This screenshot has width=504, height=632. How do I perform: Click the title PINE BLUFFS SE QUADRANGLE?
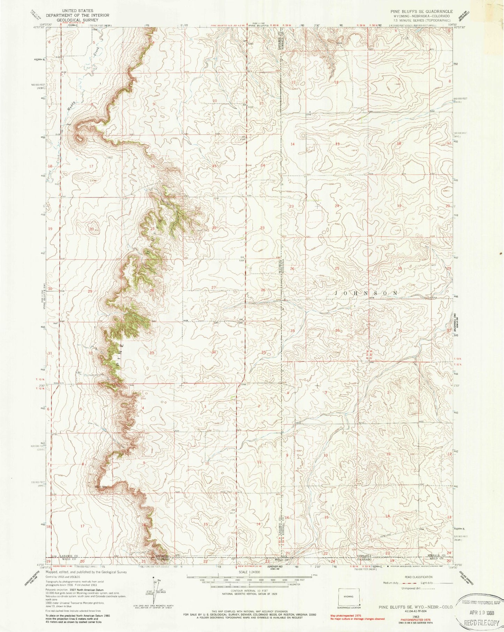(421, 12)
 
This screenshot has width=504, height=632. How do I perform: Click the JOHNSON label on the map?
(366, 293)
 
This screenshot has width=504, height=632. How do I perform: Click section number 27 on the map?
(213, 287)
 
